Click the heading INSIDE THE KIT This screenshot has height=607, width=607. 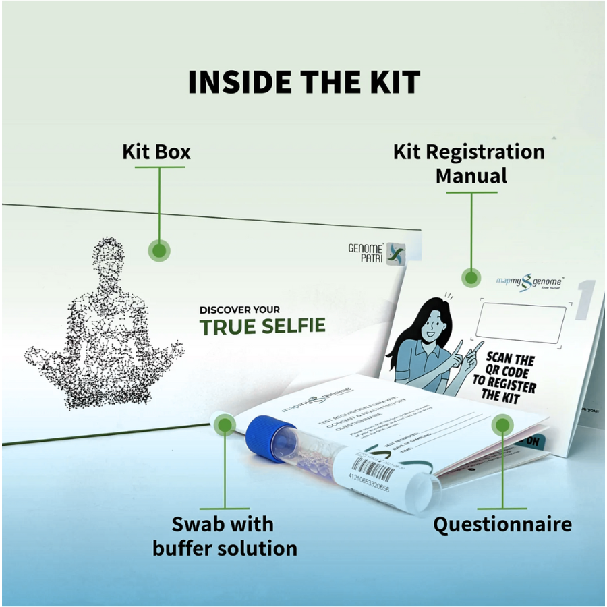pos(303,82)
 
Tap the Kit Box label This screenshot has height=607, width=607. pos(156,152)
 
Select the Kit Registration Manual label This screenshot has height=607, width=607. pos(469,164)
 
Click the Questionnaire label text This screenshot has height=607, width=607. pos(502,524)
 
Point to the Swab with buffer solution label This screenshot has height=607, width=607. pos(225,536)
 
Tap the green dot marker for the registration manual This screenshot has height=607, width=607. pos(470,277)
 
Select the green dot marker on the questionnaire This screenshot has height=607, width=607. pos(501,426)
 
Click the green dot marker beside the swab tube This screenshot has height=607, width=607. pos(225,424)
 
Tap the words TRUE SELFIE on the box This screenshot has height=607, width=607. pos(262,327)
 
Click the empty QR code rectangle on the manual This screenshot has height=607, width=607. pos(520,323)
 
